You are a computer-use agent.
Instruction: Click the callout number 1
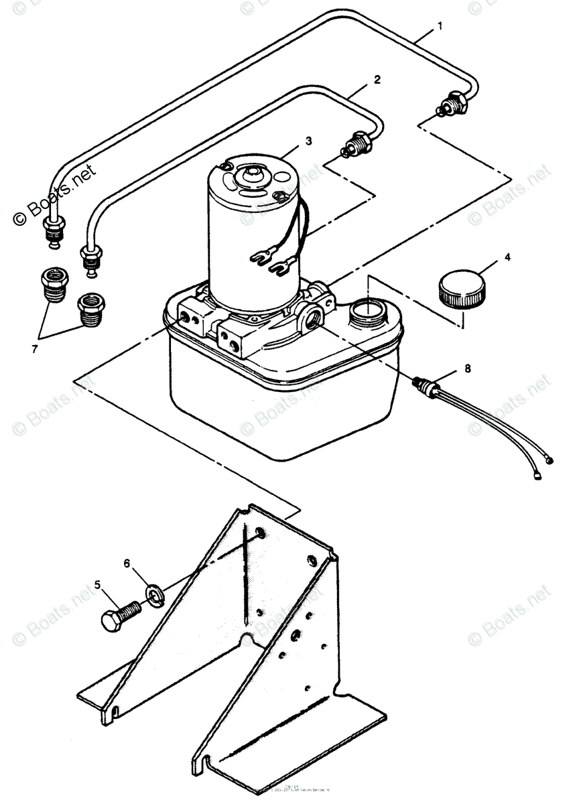440,26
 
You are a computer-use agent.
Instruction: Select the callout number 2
377,79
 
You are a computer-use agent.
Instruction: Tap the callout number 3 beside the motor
308,141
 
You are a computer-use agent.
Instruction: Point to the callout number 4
507,257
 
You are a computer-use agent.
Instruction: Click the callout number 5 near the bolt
99,585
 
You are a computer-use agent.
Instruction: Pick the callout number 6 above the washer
127,564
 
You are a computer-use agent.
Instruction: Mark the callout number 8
467,368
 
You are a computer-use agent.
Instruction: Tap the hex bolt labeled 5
121,614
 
